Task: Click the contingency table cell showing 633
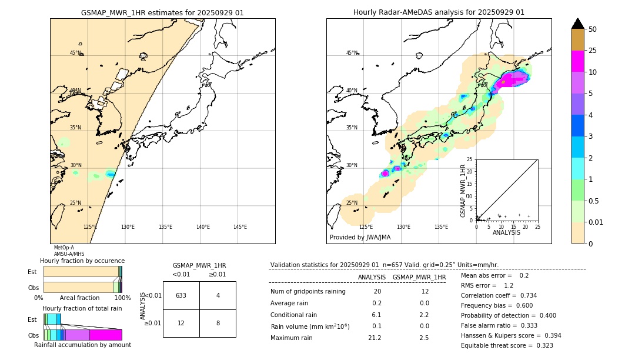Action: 181,295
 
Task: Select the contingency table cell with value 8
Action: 218,323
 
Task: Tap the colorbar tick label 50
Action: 593,29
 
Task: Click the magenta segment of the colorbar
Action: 577,61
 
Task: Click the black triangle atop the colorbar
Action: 577,24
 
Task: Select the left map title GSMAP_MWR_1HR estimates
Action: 162,12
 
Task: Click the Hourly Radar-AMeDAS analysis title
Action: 439,12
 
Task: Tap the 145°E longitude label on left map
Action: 240,227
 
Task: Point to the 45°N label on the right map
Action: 352,53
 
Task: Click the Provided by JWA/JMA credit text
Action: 360,237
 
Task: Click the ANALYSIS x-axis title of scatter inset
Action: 506,232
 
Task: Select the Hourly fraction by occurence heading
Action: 82,261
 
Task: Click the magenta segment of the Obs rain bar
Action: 105,335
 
